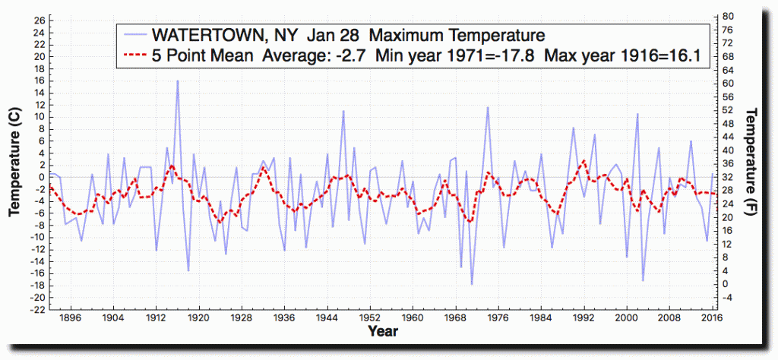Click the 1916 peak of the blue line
pyautogui.click(x=177, y=81)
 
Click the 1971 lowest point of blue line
pyautogui.click(x=472, y=284)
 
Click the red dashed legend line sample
pyautogui.click(x=134, y=55)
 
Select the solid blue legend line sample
pyautogui.click(x=134, y=35)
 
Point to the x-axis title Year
pyautogui.click(x=382, y=331)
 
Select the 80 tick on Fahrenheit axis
pyautogui.click(x=728, y=16)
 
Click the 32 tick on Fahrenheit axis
pyautogui.click(x=728, y=177)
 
